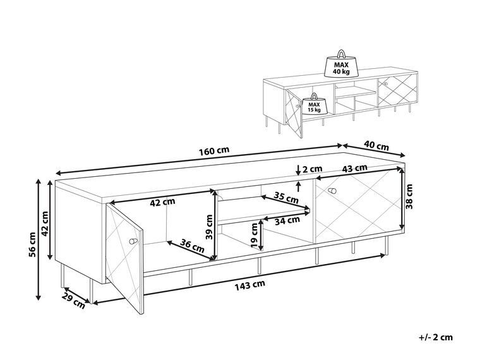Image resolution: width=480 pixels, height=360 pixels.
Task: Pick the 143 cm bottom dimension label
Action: (x=250, y=284)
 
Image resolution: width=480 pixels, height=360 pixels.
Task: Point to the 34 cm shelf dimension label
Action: (x=287, y=220)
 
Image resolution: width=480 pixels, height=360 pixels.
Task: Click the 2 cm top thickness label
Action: (x=311, y=169)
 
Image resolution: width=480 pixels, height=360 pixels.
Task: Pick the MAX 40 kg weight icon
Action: (x=342, y=65)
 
